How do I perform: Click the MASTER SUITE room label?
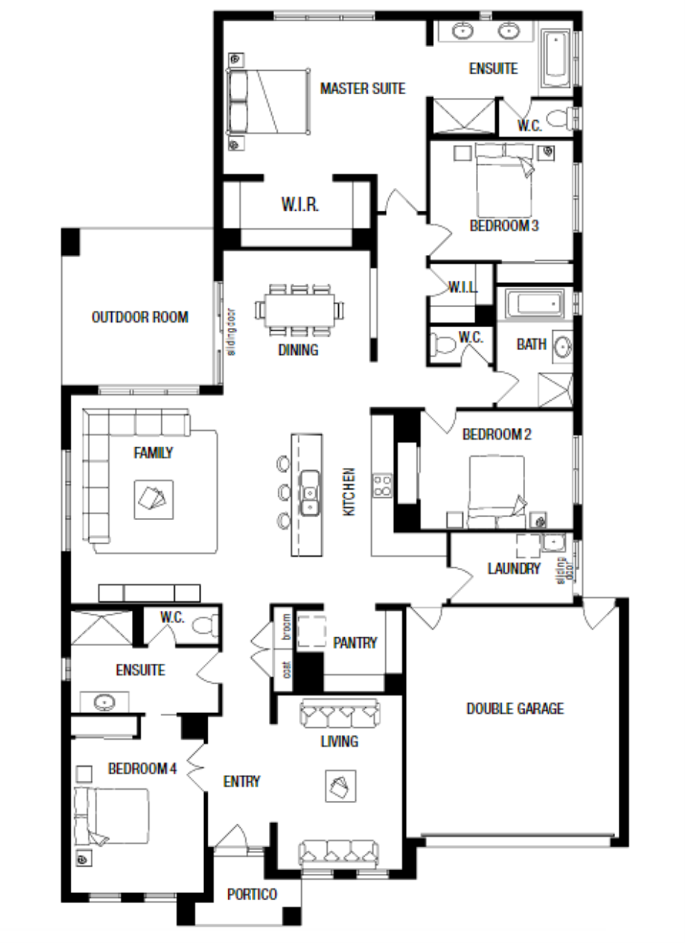pos(362,88)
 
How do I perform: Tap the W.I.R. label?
pos(300,205)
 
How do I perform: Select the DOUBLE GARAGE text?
pos(515,709)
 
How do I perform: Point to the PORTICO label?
pos(252,894)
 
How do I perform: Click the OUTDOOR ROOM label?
pos(140,317)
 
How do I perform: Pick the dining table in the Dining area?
pos(299,310)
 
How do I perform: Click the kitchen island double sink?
pos(310,493)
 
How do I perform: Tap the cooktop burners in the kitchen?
pos(382,485)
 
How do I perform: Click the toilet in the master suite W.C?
pos(560,118)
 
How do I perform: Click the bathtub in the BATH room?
pos(534,303)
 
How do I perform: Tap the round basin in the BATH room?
pos(562,347)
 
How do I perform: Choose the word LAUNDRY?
pos(514,569)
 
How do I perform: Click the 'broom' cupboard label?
pos(287,627)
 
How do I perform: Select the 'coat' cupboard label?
pos(287,670)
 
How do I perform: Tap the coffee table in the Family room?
pos(154,499)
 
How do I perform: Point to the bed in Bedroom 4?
pos(111,817)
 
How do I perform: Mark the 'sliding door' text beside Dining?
pos(231,332)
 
